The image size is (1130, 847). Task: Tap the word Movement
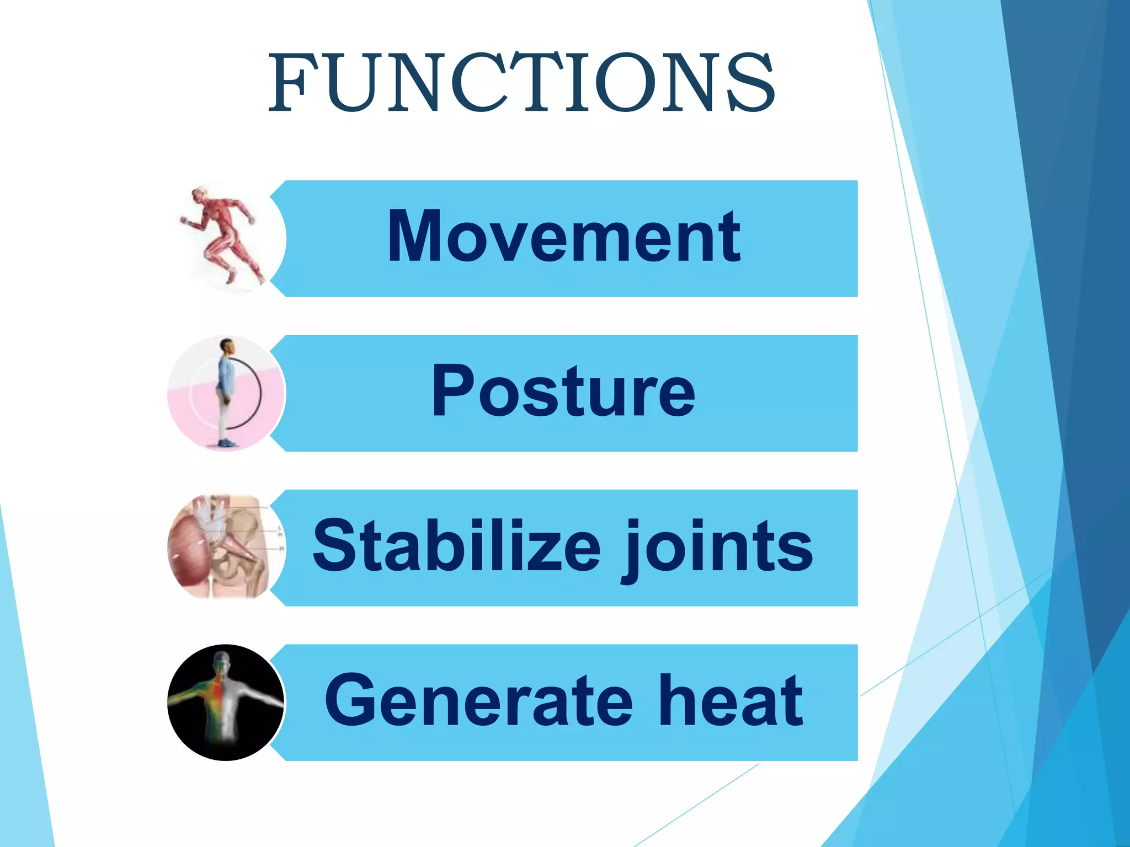pyautogui.click(x=564, y=237)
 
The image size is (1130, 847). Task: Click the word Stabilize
pyautogui.click(x=456, y=546)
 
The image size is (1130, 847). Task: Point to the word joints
pyautogui.click(x=717, y=549)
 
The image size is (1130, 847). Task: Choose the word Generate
pyautogui.click(x=478, y=701)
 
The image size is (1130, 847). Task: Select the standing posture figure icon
pyautogui.click(x=226, y=393)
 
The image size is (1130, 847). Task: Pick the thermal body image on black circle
pyautogui.click(x=226, y=702)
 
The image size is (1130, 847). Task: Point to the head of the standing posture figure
pyautogui.click(x=227, y=347)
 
